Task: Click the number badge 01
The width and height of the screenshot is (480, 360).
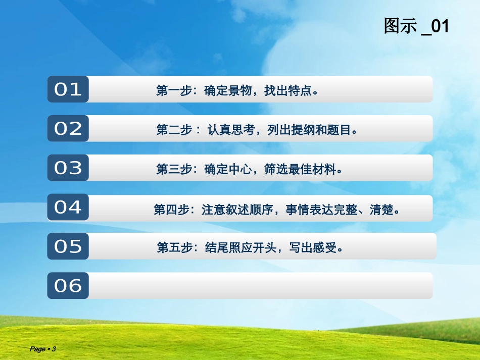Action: pyautogui.click(x=68, y=89)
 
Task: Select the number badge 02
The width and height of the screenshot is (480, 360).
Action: pyautogui.click(x=68, y=128)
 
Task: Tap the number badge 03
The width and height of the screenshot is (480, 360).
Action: pyautogui.click(x=68, y=168)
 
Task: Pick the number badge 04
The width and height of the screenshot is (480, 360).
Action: pyautogui.click(x=68, y=207)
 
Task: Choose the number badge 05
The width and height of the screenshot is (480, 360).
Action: pyautogui.click(x=68, y=246)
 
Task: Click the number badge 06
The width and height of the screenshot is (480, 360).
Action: pyautogui.click(x=68, y=286)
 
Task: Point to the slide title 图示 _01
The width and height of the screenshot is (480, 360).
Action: pyautogui.click(x=416, y=26)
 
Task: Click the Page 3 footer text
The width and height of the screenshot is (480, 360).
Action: pyautogui.click(x=42, y=349)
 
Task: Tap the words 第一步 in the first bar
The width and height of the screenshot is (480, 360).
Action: pyautogui.click(x=174, y=90)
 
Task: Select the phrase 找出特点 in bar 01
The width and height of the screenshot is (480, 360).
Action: pyautogui.click(x=288, y=90)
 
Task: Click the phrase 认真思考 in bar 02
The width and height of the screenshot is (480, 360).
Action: pyautogui.click(x=231, y=130)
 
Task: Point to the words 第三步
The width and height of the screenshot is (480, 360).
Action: pyautogui.click(x=174, y=169)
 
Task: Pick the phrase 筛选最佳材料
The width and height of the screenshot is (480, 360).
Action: pyautogui.click(x=300, y=169)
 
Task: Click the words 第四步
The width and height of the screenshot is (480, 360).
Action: pyautogui.click(x=171, y=210)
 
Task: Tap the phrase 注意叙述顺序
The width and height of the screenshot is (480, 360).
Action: pyautogui.click(x=237, y=210)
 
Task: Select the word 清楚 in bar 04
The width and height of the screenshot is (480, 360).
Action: pyautogui.click(x=381, y=210)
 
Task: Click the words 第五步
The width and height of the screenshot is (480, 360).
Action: pyautogui.click(x=174, y=247)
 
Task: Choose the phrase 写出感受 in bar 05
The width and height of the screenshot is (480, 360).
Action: pyautogui.click(x=313, y=247)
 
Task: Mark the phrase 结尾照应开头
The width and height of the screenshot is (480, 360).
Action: pyautogui.click(x=241, y=247)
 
